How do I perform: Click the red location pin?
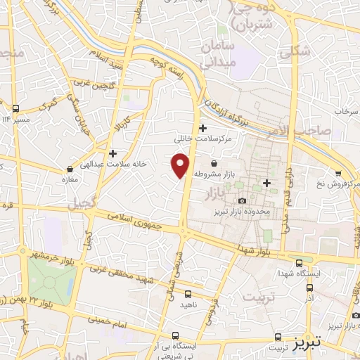point(181,166)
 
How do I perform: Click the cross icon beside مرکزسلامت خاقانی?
point(203,128)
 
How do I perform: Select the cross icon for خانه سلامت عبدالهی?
point(112,153)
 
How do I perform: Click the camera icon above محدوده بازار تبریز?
point(242,201)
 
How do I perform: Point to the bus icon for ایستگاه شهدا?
point(300,260)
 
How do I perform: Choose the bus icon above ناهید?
point(188,295)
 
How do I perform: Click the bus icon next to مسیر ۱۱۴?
point(16,108)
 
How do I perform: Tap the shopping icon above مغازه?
point(70,169)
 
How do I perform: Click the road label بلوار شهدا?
point(252,251)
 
